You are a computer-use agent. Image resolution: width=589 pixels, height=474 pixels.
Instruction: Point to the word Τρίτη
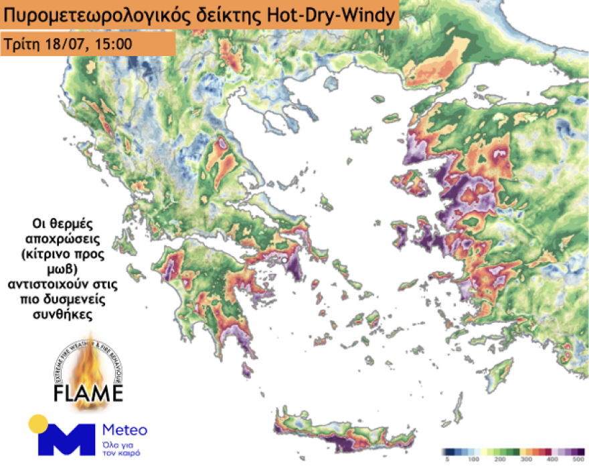(22, 45)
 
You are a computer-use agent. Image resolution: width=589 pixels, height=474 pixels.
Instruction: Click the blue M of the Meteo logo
(67, 438)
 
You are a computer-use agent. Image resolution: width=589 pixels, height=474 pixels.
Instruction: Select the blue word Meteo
(125, 429)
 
